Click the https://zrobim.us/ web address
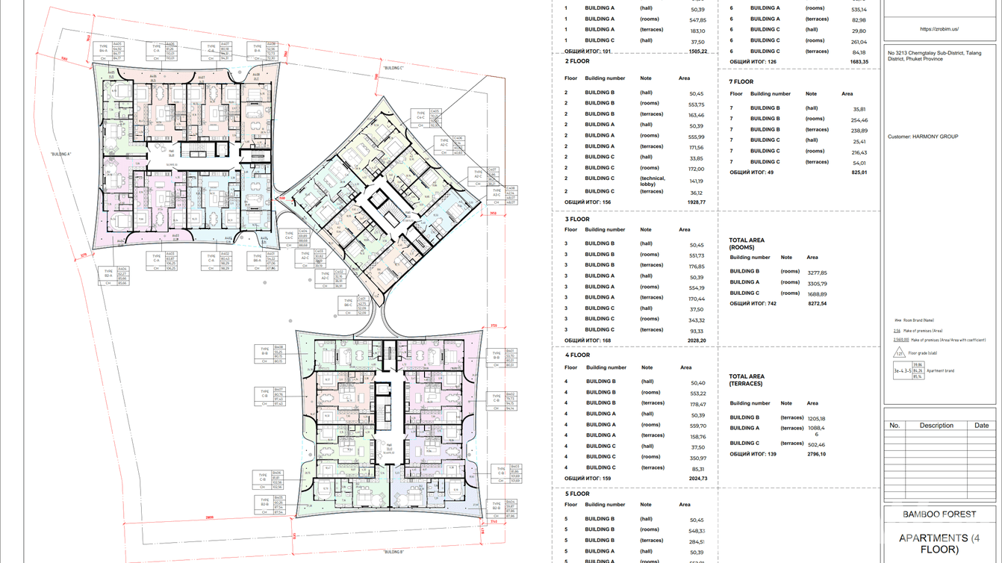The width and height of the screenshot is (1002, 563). [x=939, y=29]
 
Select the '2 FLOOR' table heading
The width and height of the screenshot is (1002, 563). [x=577, y=61]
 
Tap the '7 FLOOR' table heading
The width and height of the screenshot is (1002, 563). [x=741, y=81]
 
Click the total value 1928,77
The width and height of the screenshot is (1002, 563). [x=696, y=202]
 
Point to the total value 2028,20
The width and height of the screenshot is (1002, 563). [x=696, y=340]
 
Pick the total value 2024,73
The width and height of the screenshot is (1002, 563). [x=696, y=479]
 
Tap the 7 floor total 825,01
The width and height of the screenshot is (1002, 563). [x=859, y=172]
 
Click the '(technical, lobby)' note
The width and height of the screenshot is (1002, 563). [x=652, y=181]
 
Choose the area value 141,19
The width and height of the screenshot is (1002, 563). [x=696, y=181]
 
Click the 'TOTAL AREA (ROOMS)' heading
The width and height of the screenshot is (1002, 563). [x=747, y=243]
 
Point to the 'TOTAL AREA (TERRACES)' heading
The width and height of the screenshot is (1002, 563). [x=747, y=380]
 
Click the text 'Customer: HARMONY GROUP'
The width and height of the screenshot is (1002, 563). [x=922, y=137]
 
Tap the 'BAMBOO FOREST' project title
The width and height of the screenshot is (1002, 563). [x=939, y=514]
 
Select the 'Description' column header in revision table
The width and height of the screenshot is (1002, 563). [x=936, y=425]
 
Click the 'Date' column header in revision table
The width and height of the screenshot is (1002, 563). [x=981, y=425]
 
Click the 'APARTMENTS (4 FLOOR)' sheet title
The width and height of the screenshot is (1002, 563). [x=939, y=543]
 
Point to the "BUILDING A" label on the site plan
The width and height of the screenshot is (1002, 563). [x=60, y=154]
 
